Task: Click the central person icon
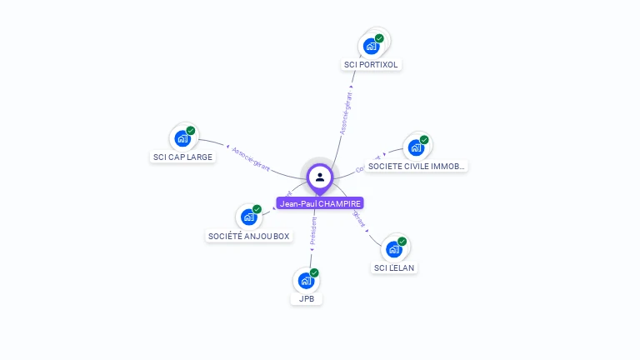tap(320, 177)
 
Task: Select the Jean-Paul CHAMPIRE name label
tap(320, 203)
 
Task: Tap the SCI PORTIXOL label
tap(372, 64)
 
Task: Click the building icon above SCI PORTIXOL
tap(371, 46)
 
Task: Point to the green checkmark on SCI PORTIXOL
tap(379, 38)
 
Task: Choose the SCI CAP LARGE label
tap(182, 157)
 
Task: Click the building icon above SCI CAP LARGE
tap(182, 138)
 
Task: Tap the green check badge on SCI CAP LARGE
tap(191, 131)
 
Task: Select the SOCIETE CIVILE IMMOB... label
tap(417, 166)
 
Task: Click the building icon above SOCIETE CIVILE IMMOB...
tap(416, 147)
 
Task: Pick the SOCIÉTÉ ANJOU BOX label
tap(249, 236)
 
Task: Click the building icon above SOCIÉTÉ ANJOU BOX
tap(247, 217)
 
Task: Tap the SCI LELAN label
tap(394, 267)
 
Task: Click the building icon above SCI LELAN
tap(393, 248)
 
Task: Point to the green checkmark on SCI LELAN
tap(402, 242)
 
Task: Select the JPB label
tap(306, 298)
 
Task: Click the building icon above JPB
tap(306, 280)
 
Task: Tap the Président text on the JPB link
tap(312, 233)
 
